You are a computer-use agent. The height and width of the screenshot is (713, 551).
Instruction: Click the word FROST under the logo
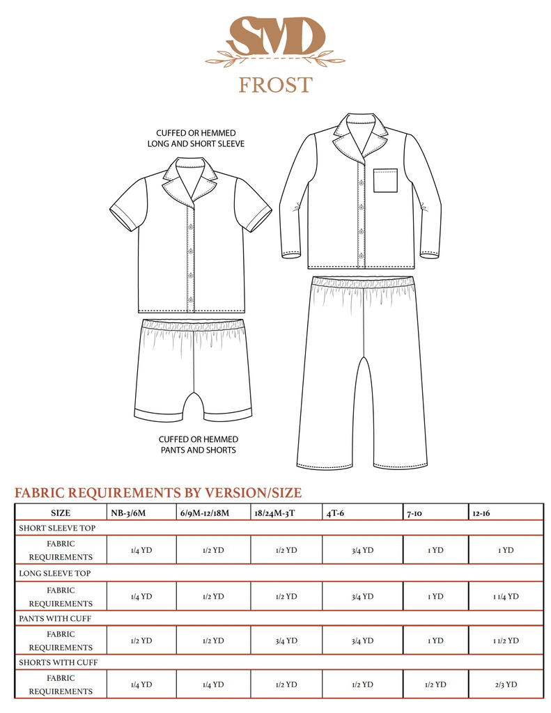pos(275,85)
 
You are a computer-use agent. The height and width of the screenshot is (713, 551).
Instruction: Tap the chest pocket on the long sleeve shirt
pos(385,180)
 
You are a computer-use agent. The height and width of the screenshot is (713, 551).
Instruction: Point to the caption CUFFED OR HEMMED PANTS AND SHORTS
pos(199,444)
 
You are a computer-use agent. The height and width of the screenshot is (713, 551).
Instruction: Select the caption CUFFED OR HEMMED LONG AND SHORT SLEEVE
pos(196,138)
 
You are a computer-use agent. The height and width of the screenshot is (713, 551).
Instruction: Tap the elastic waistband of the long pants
pos(363,283)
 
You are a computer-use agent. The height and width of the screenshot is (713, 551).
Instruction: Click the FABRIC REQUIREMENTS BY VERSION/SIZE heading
pos(158,493)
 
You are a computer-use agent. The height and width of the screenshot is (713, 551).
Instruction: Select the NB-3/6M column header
pos(129,512)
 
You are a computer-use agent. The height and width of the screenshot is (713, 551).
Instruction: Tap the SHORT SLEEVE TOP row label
pos(57,528)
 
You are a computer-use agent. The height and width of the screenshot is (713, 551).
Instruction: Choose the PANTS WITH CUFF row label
pos(55,618)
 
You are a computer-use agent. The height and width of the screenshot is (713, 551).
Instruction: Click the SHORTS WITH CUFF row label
pos(57,663)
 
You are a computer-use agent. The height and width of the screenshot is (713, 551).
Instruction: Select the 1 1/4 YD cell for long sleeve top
pos(506,596)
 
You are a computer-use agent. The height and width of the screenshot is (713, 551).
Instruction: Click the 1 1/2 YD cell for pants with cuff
pos(506,641)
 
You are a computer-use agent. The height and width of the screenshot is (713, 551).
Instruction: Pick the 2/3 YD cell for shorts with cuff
pos(506,685)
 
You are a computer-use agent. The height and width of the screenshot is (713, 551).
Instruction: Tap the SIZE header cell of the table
pos(61,512)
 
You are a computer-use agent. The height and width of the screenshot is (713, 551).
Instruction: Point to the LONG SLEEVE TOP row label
pos(56,573)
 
